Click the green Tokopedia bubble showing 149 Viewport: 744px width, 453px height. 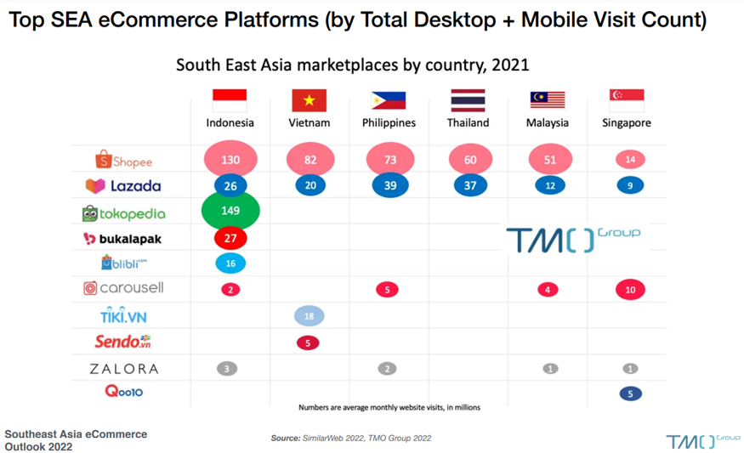coord(230,211)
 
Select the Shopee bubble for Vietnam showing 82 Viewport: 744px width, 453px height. coord(310,159)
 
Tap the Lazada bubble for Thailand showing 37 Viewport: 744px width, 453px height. coord(470,185)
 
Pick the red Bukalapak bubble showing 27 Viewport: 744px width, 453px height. coord(230,239)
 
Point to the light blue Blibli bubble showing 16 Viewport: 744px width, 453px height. coord(230,263)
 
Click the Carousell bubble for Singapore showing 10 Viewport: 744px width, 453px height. coord(629,290)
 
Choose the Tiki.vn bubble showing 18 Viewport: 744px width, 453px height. coord(309,316)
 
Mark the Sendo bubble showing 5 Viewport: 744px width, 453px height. coord(308,343)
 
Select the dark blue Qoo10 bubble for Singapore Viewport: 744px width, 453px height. coord(629,394)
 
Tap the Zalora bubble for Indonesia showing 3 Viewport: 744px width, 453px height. coord(227,369)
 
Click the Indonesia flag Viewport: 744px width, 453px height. coord(230,100)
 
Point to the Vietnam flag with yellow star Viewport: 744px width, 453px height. coord(309,100)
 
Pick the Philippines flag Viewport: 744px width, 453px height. coord(389,100)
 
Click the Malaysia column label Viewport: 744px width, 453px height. coord(548,122)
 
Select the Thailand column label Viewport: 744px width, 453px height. coord(469,122)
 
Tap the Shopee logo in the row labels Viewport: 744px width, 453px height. coord(124,160)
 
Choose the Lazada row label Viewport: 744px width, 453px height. coord(123,185)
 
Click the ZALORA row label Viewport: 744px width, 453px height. coord(124,369)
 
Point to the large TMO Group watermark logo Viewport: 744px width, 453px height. coord(573,239)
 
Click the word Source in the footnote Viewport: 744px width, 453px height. coord(285,439)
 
